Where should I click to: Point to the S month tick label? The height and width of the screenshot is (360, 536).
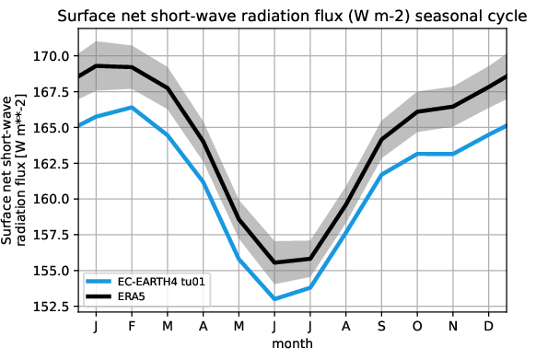pos(383,328)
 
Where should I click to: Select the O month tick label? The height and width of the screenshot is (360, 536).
pos(418,328)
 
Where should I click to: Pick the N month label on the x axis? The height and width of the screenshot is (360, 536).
pos(454,328)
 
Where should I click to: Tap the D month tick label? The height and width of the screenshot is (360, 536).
pos(489,328)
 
